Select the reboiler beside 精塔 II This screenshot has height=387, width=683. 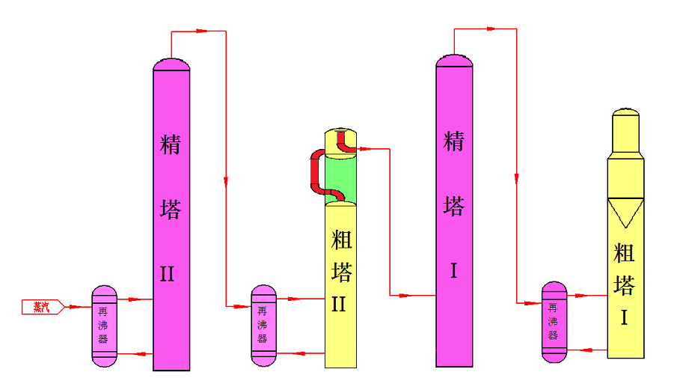[105, 326]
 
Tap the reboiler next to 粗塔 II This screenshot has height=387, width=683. [263, 326]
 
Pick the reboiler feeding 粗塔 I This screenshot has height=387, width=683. [554, 322]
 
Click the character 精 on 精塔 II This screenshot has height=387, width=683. [171, 144]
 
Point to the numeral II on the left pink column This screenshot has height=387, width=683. [168, 274]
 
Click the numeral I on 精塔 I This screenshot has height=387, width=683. [453, 270]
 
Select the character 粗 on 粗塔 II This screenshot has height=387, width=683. [341, 240]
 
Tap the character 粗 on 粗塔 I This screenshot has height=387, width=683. [624, 253]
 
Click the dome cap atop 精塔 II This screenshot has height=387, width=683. [171, 64]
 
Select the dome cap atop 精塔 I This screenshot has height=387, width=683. [454, 60]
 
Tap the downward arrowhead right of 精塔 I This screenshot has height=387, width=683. [515, 177]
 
